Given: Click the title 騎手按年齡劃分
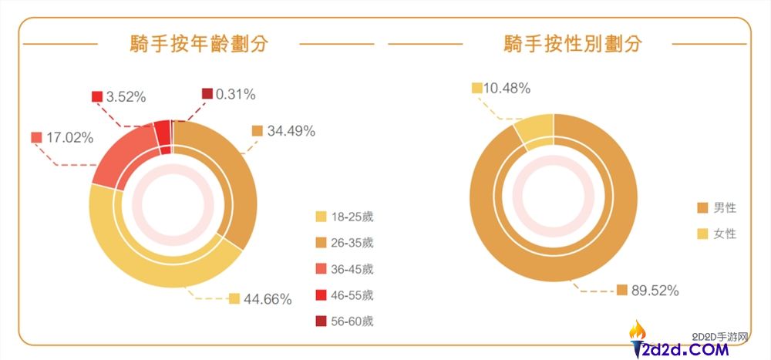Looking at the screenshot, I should click(x=199, y=44).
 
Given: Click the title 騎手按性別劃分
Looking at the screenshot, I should click(x=572, y=44).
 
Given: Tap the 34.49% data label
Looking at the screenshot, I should click(x=291, y=131).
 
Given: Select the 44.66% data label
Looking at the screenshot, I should click(x=268, y=299).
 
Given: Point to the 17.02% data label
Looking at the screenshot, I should click(x=69, y=138).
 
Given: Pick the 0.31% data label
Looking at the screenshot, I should click(x=235, y=94).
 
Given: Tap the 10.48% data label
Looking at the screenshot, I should click(x=507, y=88).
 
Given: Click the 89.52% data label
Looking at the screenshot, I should click(x=655, y=290).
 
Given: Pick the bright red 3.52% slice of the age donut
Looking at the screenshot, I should click(x=162, y=130).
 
